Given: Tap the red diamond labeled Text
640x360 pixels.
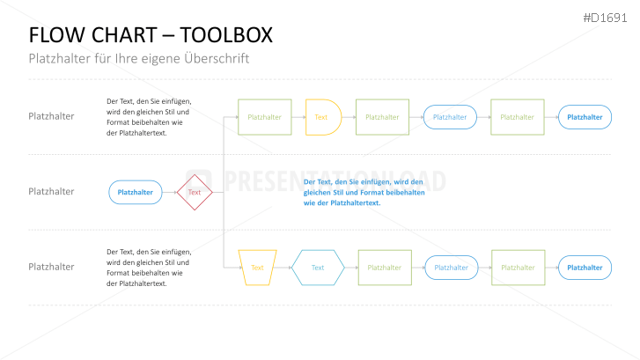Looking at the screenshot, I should click(195, 192).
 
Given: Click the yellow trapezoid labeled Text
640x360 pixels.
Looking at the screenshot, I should click(257, 268).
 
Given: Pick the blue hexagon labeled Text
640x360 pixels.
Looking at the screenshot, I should click(318, 268).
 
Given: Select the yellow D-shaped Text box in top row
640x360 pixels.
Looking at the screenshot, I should click(322, 117).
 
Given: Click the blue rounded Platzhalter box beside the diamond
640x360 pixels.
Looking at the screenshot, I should click(135, 192).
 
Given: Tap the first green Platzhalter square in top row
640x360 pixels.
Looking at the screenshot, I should click(264, 117).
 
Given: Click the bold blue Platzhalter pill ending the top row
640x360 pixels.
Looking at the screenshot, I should click(585, 117).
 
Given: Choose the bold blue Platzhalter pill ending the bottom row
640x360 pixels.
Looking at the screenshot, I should click(585, 268).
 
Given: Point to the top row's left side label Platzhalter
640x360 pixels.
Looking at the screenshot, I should click(51, 116).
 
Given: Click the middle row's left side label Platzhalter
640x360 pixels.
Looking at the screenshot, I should click(51, 191).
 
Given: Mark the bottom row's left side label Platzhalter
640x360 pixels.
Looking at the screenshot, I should click(51, 267).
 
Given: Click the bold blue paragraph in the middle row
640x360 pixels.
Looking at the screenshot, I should click(363, 192).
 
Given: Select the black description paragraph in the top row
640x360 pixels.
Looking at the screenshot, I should click(148, 117).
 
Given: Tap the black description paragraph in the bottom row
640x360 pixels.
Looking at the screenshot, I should click(148, 268).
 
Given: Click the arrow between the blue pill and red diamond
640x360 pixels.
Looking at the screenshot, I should click(169, 192).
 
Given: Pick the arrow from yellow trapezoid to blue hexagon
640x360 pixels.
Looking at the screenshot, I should click(283, 268).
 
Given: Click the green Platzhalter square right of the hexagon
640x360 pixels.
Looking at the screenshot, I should click(384, 268).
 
